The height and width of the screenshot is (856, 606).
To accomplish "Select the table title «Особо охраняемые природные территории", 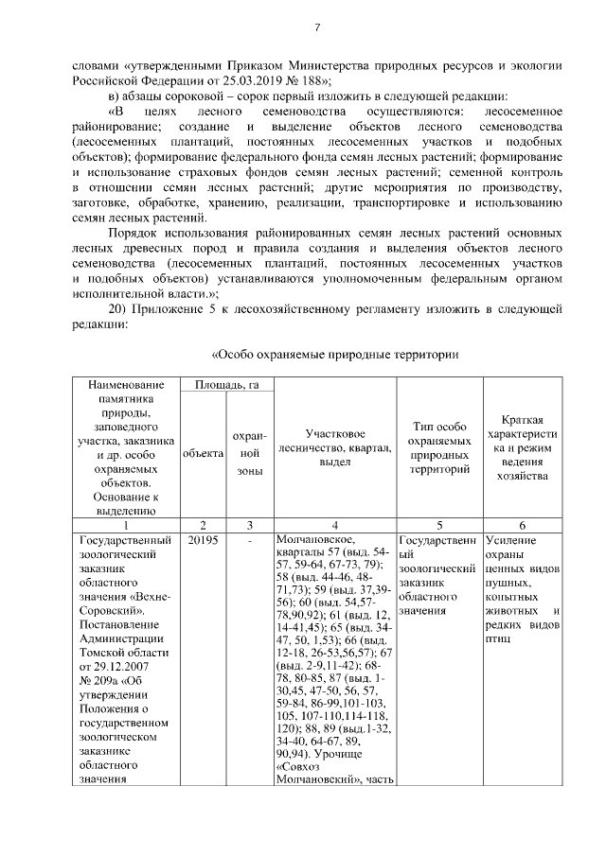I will (x=334, y=356).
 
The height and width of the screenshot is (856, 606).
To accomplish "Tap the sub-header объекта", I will (x=203, y=454).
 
